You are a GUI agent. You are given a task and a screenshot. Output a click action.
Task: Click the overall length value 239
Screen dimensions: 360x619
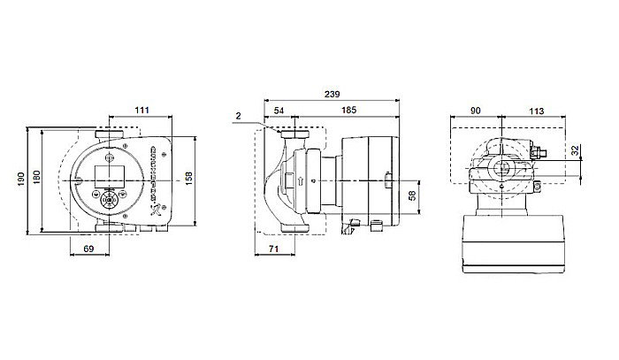[x=332, y=93]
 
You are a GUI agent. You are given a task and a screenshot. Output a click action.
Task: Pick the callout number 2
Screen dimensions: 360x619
[x=240, y=116]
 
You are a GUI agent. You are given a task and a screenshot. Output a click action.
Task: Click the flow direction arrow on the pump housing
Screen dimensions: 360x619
[x=301, y=183]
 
